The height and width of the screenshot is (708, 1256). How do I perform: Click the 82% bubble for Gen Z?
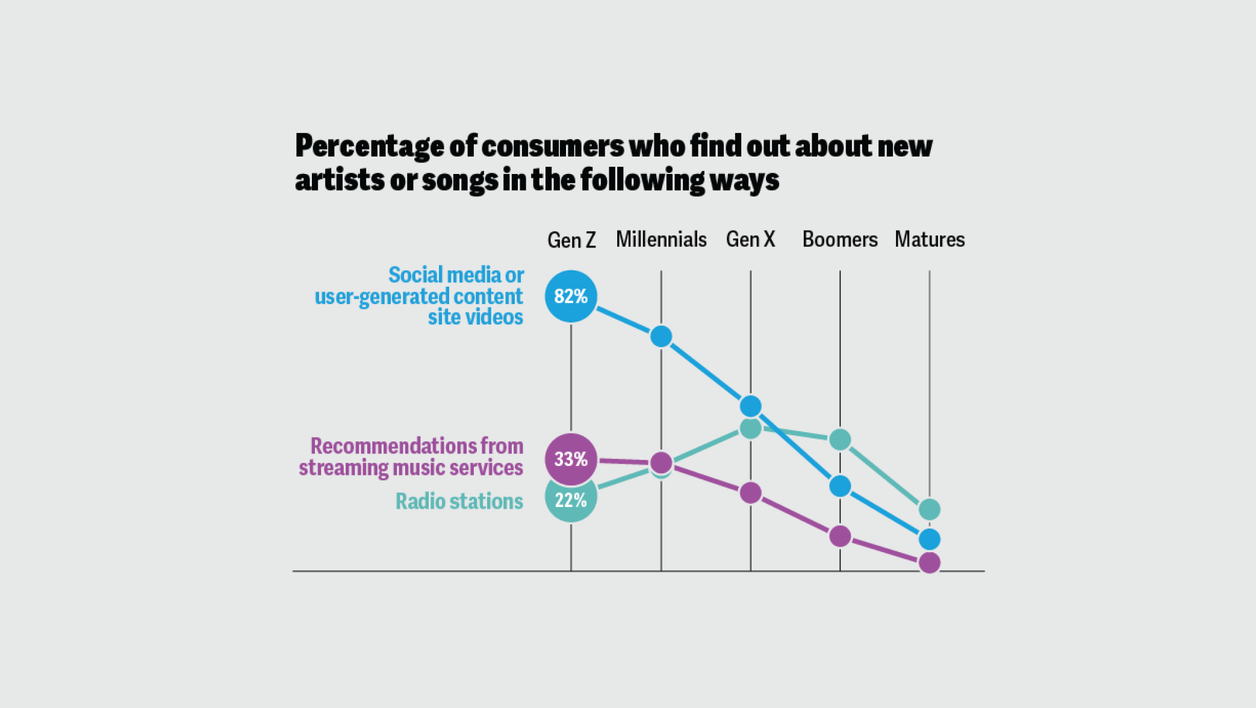[x=571, y=296]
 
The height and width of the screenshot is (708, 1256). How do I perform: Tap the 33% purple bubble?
[x=571, y=459]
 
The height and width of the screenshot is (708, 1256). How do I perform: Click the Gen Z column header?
[x=571, y=240]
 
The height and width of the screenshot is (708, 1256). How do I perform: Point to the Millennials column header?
[x=661, y=240]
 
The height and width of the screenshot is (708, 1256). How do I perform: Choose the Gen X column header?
[x=750, y=240]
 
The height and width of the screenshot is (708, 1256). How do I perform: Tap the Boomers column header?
[x=840, y=240]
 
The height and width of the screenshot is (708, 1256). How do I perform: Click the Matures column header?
[x=930, y=240]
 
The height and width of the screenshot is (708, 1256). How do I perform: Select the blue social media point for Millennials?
[x=661, y=336]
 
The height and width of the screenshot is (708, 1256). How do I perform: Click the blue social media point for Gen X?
[x=750, y=406]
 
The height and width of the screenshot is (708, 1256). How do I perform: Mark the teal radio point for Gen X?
[x=750, y=429]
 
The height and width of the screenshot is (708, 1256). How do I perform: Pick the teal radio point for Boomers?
[x=840, y=439]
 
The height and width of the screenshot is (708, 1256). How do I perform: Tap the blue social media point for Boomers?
[x=840, y=486]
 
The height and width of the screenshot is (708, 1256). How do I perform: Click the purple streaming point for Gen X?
[x=750, y=493]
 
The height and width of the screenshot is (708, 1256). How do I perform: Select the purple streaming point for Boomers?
[x=840, y=536]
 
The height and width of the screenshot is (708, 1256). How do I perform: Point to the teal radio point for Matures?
[x=930, y=509]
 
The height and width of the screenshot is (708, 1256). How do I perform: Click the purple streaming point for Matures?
[x=930, y=563]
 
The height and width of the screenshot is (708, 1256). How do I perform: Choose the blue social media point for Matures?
[x=930, y=539]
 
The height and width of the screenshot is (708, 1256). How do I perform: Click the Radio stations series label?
[x=459, y=501]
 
